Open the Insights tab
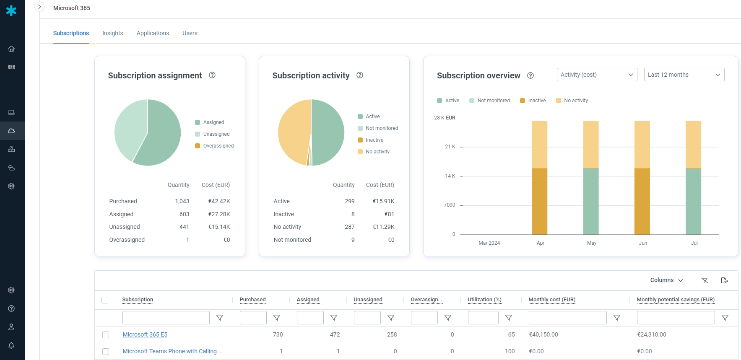click(112, 33)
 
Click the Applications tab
click(153, 33)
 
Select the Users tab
click(190, 33)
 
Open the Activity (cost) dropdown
click(597, 75)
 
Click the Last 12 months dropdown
click(684, 75)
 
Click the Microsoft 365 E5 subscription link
click(145, 334)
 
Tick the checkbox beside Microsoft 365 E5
click(106, 335)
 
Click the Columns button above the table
click(666, 280)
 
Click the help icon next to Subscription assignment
click(212, 75)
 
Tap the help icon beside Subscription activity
click(360, 75)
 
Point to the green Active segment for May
click(591, 201)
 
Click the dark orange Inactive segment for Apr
click(539, 201)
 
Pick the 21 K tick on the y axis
click(450, 147)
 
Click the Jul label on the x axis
click(694, 243)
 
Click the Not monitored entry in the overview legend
click(493, 101)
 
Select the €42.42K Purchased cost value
click(219, 201)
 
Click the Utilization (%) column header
click(484, 300)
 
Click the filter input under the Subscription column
click(166, 318)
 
